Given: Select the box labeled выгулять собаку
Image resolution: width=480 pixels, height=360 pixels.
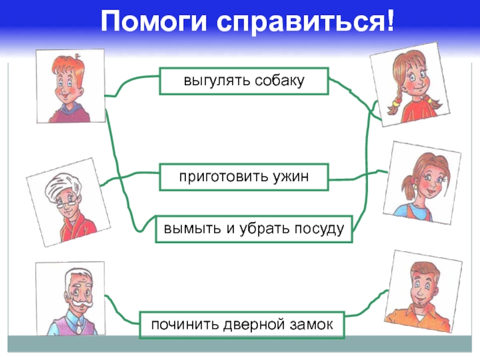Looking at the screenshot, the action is [x=244, y=81].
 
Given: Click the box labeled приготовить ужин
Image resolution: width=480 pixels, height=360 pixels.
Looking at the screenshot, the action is [x=244, y=177].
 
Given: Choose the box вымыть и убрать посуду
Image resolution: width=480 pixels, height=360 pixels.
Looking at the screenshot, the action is [x=254, y=229].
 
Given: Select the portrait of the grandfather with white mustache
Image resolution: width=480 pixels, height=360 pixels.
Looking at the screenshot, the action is [x=71, y=298].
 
